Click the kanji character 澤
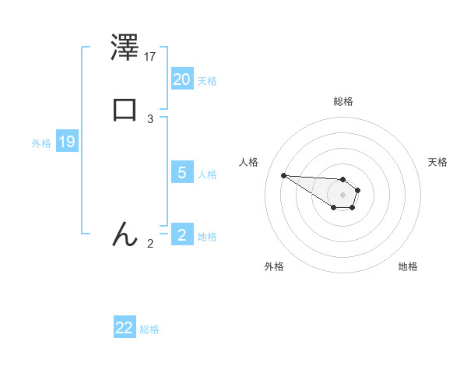pos(125,48)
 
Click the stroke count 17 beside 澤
pos(150,57)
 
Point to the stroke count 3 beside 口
pos(150,118)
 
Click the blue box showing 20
pos(182,79)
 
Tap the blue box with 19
pos(67,142)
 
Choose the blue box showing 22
pos(125,328)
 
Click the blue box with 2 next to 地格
pos(182,234)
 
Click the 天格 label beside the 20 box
pos(207,81)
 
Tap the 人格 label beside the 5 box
pos(207,174)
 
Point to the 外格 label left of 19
pos(41,143)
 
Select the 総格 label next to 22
pos(149,330)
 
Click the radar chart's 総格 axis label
pos(342,101)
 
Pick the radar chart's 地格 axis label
pos(408,266)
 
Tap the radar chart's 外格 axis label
pos(274,266)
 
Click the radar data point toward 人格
pos(283,175)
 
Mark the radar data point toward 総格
pos(342,178)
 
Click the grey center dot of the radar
pos(342,194)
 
